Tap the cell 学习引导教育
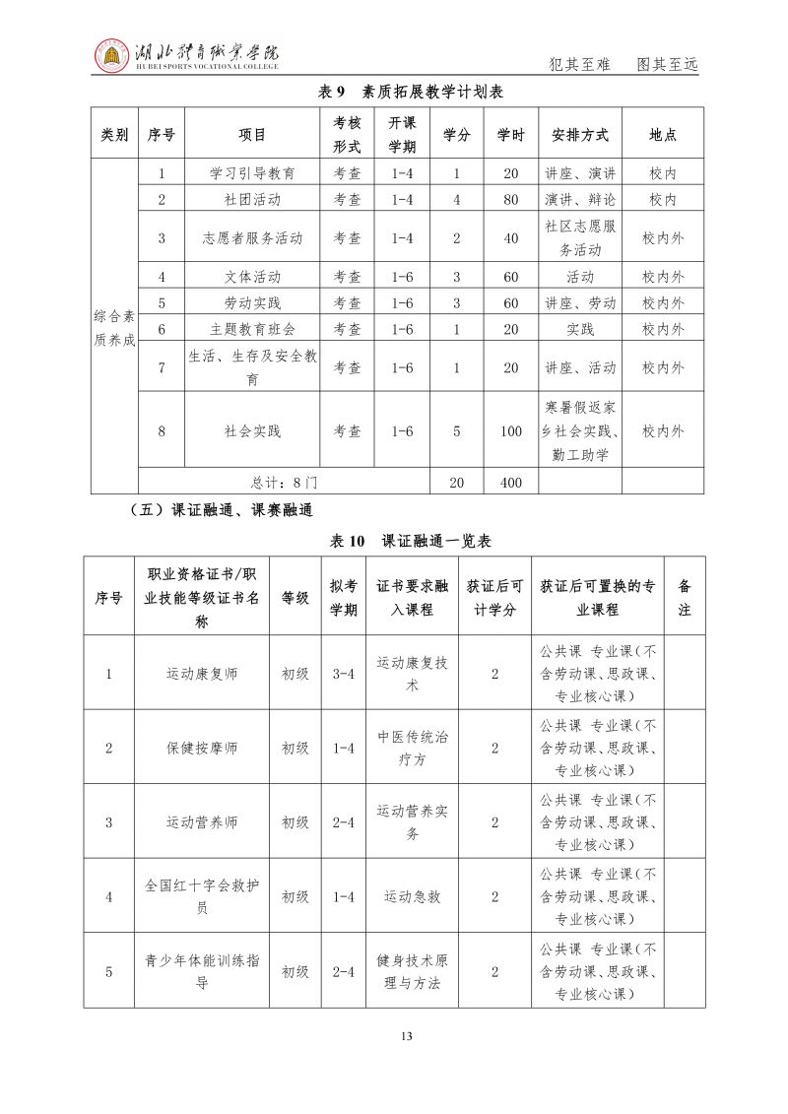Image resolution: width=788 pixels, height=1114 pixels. coord(252,173)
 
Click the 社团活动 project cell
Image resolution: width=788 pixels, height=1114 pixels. coord(252,199)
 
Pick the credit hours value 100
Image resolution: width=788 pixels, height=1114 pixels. coord(510,430)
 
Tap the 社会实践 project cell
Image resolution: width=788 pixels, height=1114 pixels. coord(252,430)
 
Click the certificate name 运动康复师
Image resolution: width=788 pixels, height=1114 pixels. coord(202,674)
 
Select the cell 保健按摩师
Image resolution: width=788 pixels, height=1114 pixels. coord(202,748)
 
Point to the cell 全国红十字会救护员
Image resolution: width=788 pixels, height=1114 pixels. coord(202,896)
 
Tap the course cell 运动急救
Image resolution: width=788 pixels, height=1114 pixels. coord(412,896)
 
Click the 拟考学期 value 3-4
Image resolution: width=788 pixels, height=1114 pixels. coord(343,674)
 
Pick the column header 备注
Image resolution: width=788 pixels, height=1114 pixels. coord(685,598)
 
